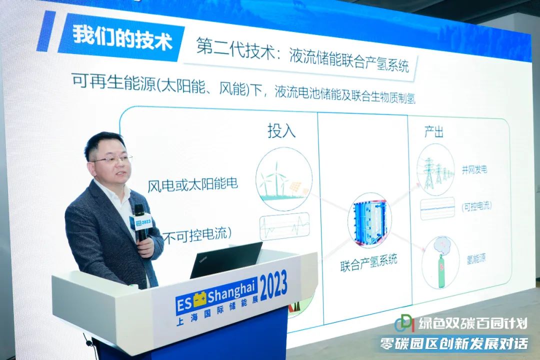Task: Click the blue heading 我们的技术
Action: (x=122, y=38)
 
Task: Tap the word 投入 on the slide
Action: (x=281, y=130)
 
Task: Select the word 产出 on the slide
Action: (x=433, y=131)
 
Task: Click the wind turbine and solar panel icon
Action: (x=284, y=179)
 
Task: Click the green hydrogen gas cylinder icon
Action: (x=441, y=262)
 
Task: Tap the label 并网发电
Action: (x=474, y=169)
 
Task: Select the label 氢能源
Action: (x=476, y=258)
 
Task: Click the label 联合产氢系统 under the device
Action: (x=368, y=263)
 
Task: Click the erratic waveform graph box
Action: (x=284, y=226)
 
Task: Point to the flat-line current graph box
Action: (x=437, y=208)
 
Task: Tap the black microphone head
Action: (x=139, y=210)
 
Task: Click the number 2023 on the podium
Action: (x=273, y=286)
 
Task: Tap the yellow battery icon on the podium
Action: (x=199, y=299)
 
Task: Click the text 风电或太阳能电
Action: (x=192, y=184)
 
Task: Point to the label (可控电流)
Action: (x=476, y=206)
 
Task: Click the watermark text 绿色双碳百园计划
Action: (x=473, y=323)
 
